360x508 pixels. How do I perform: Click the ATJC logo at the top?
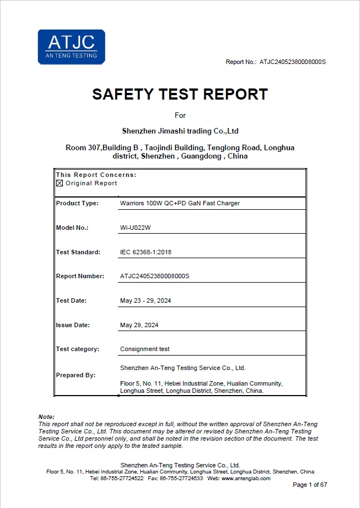(71, 47)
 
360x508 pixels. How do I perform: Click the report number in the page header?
(292, 62)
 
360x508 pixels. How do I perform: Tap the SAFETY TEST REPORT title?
(180, 94)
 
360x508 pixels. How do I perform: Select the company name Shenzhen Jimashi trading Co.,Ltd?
(180, 131)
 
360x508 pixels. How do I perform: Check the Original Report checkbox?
(60, 183)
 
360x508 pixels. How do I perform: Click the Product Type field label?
(77, 203)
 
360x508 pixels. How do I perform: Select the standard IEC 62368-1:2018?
(146, 252)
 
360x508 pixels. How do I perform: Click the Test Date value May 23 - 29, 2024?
(146, 300)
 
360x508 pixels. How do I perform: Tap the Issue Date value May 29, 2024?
(139, 325)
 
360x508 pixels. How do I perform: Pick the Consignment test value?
(145, 349)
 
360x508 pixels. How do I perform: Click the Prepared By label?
(76, 375)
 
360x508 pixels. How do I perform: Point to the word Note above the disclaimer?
(46, 417)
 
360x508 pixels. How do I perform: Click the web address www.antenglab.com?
(246, 479)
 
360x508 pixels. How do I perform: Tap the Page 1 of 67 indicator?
(310, 485)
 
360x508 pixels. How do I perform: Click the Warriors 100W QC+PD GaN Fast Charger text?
(180, 203)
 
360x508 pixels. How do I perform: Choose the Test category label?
(77, 349)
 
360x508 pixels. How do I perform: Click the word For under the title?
(180, 115)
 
